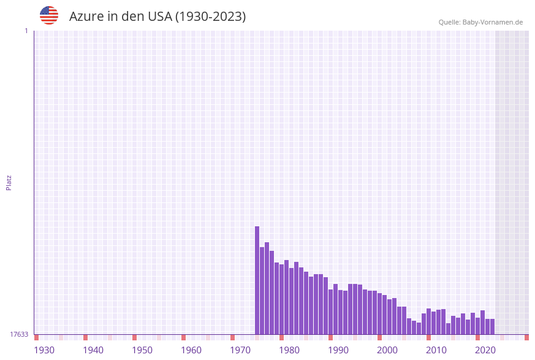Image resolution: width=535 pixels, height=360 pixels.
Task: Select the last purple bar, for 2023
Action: [x=492, y=326]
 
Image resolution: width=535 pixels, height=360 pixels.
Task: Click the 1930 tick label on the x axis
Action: [x=44, y=350]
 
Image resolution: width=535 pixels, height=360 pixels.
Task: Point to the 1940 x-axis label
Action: [x=93, y=350]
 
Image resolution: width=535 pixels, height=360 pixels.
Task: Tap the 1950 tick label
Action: [x=142, y=350]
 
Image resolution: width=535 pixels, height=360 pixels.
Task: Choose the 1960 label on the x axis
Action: [x=191, y=350]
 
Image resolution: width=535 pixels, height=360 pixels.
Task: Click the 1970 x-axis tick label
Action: [x=240, y=350]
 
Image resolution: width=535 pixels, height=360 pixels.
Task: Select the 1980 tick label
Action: [x=289, y=350]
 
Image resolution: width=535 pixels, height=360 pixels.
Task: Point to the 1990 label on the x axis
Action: [x=338, y=350]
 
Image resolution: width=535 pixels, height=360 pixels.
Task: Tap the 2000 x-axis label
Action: [x=387, y=350]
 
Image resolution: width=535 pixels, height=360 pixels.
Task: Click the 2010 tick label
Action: [x=436, y=350]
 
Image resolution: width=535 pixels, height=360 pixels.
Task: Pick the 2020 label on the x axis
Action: [x=485, y=350]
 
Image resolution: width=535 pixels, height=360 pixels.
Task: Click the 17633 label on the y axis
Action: [x=19, y=334]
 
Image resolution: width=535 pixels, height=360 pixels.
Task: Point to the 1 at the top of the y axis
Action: [x=26, y=31]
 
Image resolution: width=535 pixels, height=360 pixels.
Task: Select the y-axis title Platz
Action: [x=9, y=183]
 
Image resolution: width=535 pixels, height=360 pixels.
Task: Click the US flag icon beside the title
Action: [x=49, y=15]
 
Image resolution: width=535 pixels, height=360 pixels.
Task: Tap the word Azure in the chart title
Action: [x=86, y=17]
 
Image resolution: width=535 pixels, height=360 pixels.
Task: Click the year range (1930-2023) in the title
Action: [x=211, y=17]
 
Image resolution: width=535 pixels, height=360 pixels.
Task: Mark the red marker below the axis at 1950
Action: [x=134, y=337]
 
